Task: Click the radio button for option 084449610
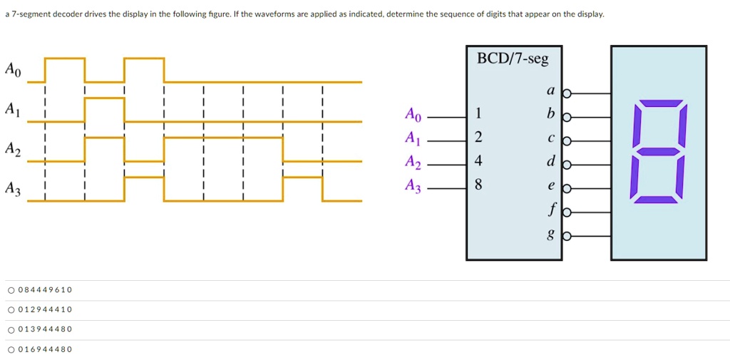11,290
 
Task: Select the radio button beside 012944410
11,309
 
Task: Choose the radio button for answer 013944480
11,329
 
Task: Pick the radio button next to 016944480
11,349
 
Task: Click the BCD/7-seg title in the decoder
513,59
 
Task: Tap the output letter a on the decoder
550,91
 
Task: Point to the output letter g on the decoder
550,236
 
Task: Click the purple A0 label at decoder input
413,114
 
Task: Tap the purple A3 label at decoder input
413,187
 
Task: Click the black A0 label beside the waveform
13,70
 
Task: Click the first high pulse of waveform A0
65,58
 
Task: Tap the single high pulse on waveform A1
104,98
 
